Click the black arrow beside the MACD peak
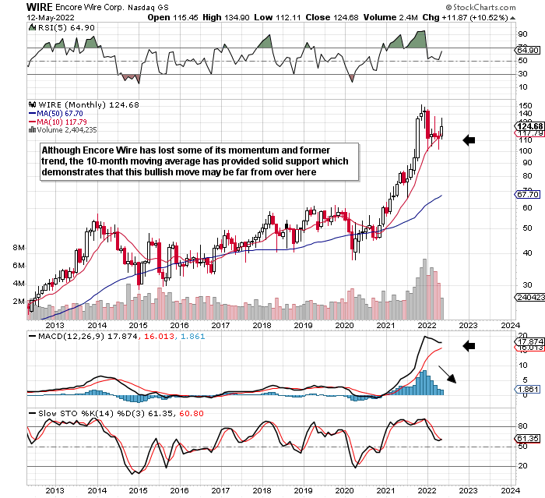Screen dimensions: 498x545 click(x=469, y=344)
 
